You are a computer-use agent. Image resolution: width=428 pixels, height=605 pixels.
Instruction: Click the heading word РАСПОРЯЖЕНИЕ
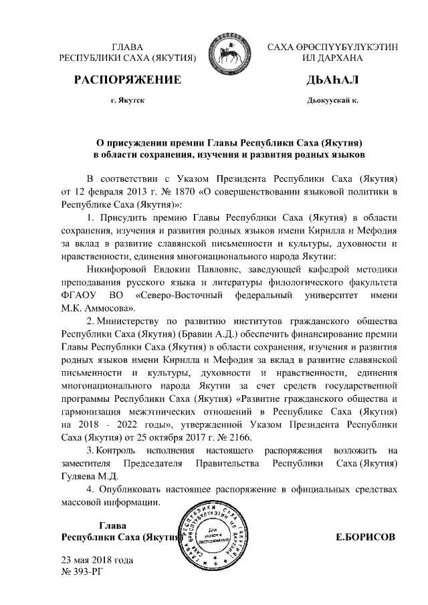coord(128,80)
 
